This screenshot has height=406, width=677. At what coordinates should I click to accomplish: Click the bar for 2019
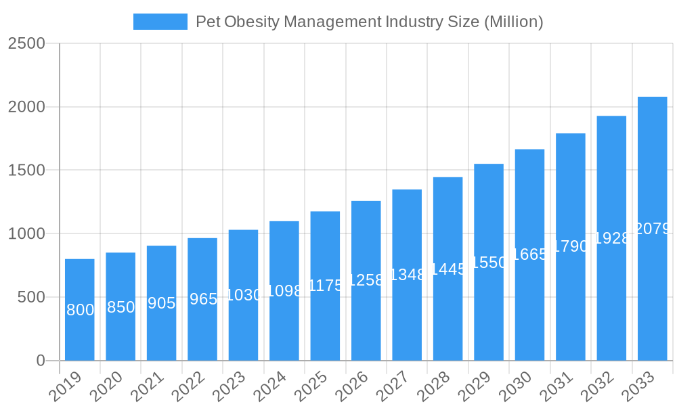pos(80,309)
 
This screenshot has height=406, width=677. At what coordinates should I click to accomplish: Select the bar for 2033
pos(652,228)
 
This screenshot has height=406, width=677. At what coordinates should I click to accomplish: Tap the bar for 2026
pos(366,280)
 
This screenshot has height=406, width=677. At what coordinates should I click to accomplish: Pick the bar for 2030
pos(529,254)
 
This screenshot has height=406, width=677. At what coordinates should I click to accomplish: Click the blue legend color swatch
pos(160,22)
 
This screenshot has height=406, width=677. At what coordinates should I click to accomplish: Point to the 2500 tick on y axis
pos(26,43)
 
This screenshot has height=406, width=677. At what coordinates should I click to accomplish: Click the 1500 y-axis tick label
pos(26,171)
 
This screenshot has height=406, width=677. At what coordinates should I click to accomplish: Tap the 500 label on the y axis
pos(31,297)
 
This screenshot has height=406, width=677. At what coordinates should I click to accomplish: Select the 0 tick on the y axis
pos(41,361)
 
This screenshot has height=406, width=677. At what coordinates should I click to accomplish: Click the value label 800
pos(80,310)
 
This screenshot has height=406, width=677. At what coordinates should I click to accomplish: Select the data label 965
pos(203,299)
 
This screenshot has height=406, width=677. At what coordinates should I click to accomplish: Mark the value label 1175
pos(326,286)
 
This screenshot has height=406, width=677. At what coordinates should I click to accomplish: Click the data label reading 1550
pos(489,263)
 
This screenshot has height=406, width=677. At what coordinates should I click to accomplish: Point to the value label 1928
pos(612,238)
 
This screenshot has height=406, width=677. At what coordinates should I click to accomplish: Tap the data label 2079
pos(653,229)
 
